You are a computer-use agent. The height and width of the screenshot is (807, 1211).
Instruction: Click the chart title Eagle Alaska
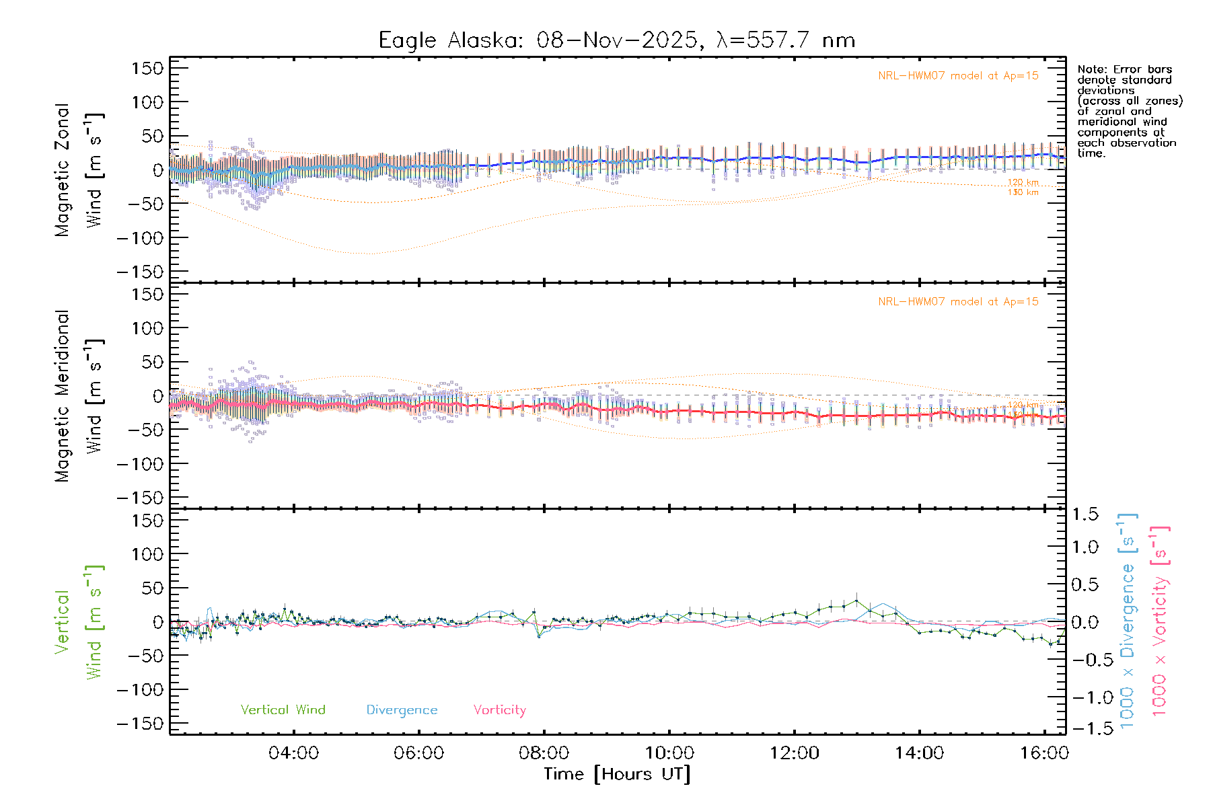pos(616,40)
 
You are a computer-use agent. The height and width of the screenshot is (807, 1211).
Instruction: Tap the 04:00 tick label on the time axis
pos(293,753)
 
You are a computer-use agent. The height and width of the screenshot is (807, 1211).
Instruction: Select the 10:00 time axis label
pos(669,753)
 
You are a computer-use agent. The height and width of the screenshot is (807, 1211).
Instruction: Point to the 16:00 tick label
pos(1043,753)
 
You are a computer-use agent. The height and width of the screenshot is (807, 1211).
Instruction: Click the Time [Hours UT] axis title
pos(616,774)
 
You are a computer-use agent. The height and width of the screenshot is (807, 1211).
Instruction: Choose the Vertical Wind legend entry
pos(283,709)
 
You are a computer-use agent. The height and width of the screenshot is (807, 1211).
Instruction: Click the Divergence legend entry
pos(402,710)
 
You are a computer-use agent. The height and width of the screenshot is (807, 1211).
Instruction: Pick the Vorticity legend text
pos(499,709)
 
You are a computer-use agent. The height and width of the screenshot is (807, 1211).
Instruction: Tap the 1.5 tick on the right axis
pos(1085,514)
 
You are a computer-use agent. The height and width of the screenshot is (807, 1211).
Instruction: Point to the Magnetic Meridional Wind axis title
pos(79,396)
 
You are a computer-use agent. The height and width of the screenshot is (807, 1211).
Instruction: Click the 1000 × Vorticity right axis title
pos(1160,621)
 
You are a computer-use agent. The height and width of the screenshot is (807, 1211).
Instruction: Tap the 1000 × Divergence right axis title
pos(1128,621)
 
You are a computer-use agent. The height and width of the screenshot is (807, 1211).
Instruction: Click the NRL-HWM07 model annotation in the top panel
pos(958,76)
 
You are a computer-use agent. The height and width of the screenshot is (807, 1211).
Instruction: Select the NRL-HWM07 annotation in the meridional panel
pos(958,302)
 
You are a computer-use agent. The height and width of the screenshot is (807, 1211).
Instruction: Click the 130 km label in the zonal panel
pos(1023,192)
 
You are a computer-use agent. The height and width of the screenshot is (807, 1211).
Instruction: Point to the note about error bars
pos(1129,111)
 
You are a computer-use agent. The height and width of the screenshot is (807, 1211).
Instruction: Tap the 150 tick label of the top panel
pos(148,68)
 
